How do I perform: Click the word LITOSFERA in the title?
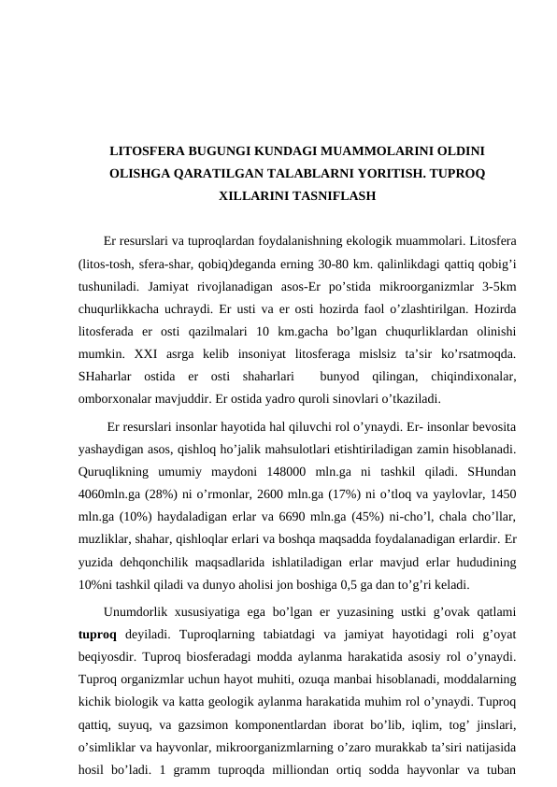click(x=149, y=150)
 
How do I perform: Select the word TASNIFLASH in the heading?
click(x=336, y=197)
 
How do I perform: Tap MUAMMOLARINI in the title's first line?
click(x=366, y=150)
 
